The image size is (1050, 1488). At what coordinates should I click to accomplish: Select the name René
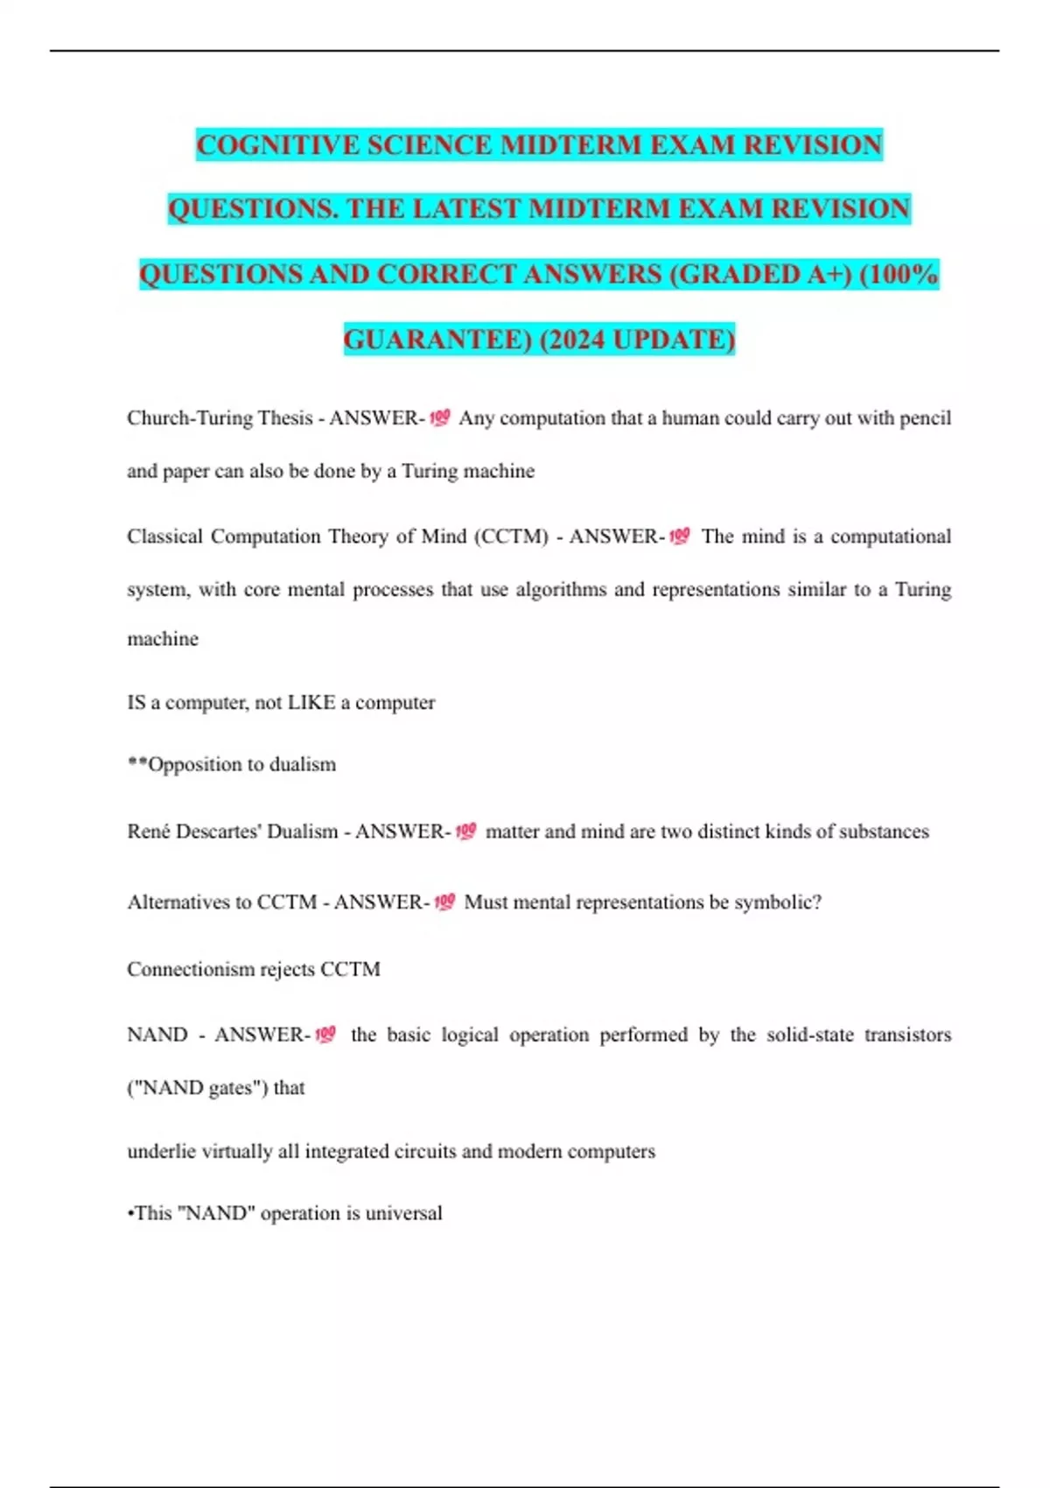pyautogui.click(x=149, y=832)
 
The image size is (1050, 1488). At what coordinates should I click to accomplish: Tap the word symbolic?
pyautogui.click(x=777, y=902)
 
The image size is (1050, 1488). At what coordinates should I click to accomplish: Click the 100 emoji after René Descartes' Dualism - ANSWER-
pyautogui.click(x=466, y=831)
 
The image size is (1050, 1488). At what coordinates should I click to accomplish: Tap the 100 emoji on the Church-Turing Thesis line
pyautogui.click(x=440, y=418)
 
